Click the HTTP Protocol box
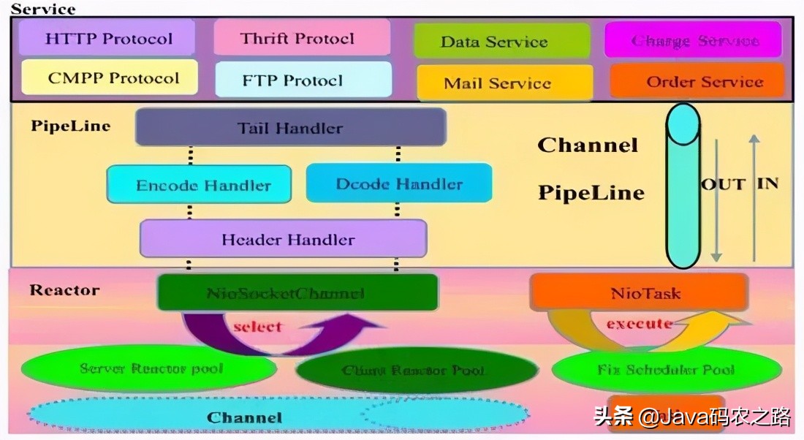coord(108,38)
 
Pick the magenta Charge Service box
coord(693,40)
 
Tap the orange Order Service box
coord(697,82)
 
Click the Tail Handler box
coord(290,128)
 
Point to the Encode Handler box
coord(200,185)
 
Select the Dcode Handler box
coord(398,183)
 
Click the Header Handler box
coord(284,239)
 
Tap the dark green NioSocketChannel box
coord(297,293)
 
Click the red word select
coord(257,326)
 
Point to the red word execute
coord(638,323)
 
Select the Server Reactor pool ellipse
coord(151,369)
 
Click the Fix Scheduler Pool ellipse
coord(666,370)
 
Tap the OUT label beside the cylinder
coord(722,184)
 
